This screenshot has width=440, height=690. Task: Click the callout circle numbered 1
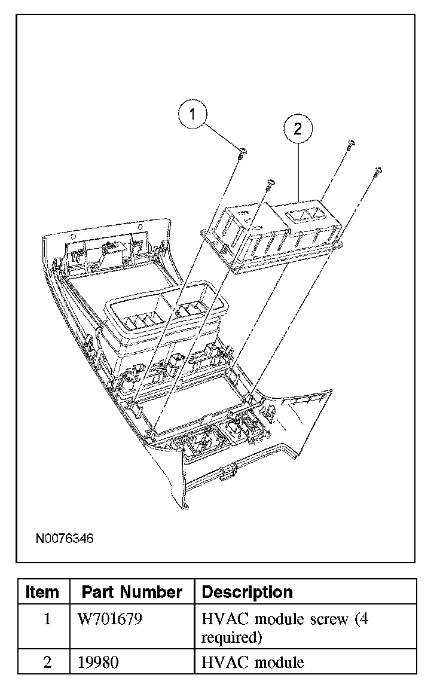point(192,115)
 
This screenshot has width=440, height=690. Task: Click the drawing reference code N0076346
point(65,539)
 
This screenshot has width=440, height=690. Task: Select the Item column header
point(43,593)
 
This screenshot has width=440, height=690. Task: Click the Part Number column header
point(132,593)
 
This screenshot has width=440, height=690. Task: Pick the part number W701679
point(110,619)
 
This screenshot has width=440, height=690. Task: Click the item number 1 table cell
point(47,619)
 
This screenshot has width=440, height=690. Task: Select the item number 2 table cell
point(47,662)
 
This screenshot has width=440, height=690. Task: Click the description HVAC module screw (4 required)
point(285,628)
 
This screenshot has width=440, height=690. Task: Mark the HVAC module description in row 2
point(253,662)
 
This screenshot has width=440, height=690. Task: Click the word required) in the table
point(232,637)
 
